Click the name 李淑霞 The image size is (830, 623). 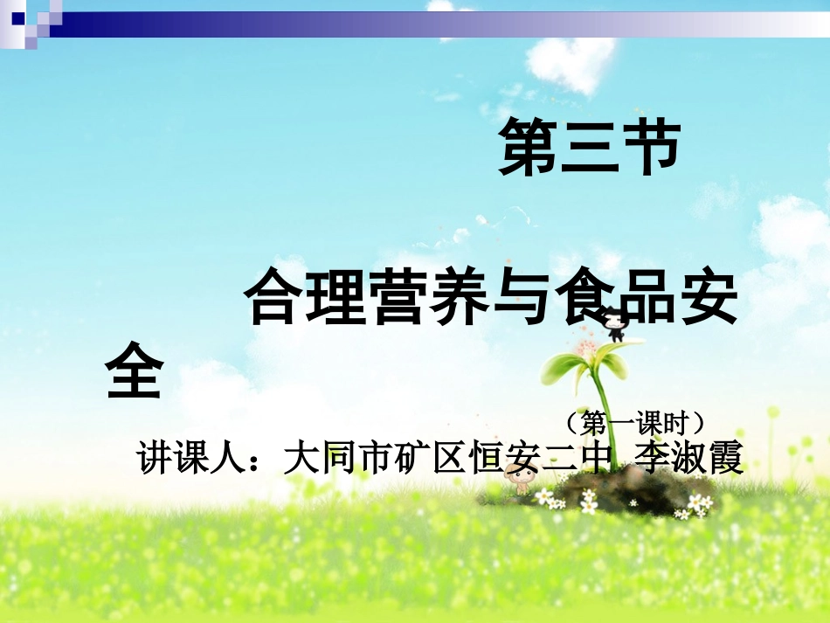pyautogui.click(x=689, y=457)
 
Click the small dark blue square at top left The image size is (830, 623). pyautogui.click(x=17, y=17)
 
